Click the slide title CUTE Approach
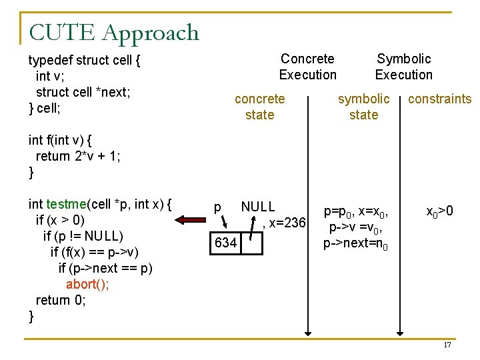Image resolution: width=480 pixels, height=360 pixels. tap(114, 32)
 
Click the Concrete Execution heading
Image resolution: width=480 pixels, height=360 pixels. tap(307, 67)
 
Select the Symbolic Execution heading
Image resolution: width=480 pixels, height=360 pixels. tap(403, 67)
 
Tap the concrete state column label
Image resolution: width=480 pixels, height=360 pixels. tap(259, 107)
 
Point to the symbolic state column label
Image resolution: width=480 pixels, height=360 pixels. tap(363, 107)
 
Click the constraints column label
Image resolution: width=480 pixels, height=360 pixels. tap(439, 99)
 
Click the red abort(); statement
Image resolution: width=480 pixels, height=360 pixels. tap(88, 284)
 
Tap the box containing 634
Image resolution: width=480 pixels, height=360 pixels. tap(226, 243)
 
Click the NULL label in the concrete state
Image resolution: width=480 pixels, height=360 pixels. tap(258, 207)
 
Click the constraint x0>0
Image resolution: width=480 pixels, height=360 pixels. tap(440, 212)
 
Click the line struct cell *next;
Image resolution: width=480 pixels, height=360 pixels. tap(83, 92)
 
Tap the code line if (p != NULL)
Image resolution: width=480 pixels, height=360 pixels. tap(83, 236)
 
